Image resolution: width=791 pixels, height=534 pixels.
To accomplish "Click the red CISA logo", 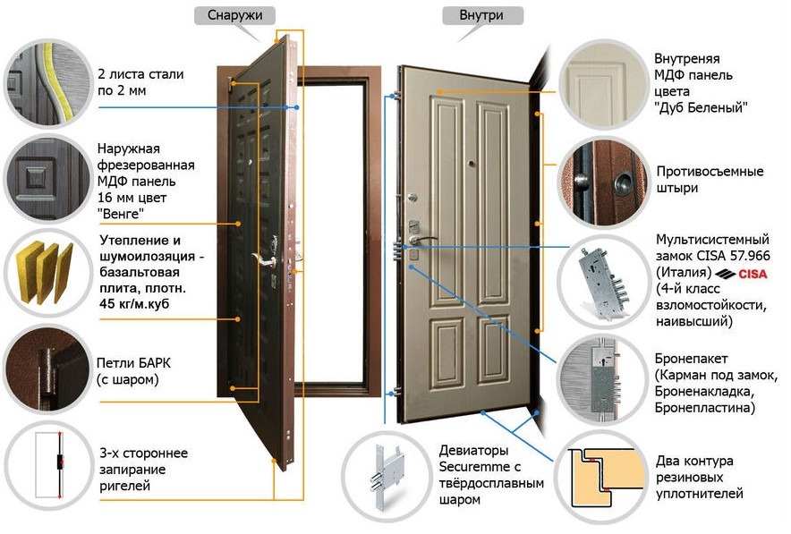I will tap(752, 273).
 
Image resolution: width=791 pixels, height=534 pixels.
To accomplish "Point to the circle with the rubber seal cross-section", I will tap(597, 473).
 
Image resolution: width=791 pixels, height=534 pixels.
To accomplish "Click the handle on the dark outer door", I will tap(260, 259).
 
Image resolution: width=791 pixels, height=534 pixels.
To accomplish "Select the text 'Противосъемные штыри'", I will tap(709, 180).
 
